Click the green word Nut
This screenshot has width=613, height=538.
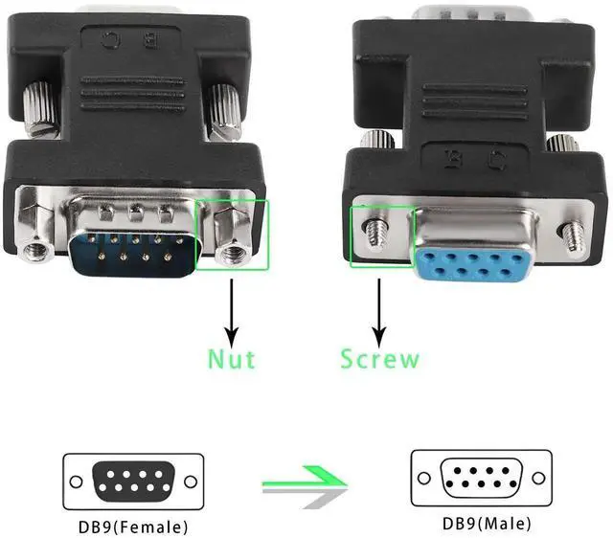[231, 359]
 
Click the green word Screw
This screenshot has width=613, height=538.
[379, 359]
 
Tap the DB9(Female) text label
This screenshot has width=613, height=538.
[134, 526]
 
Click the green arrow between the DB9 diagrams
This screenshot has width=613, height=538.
[305, 483]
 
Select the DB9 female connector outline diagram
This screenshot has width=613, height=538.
[133, 482]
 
